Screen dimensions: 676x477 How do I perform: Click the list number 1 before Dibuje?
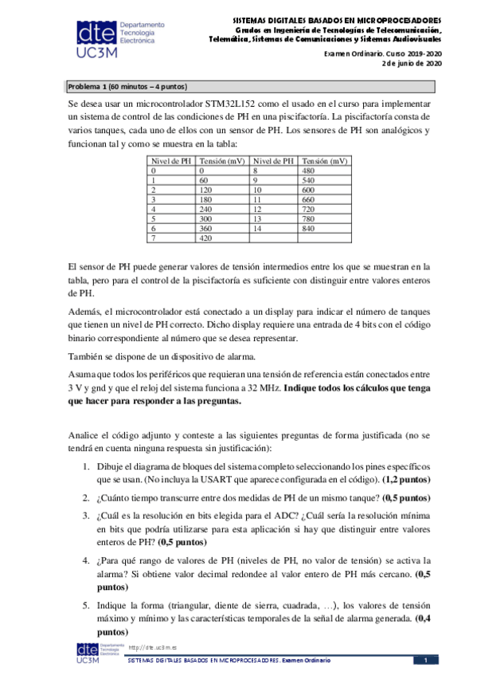tap(87, 466)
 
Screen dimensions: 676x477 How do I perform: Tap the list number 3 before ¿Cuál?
tap(87, 514)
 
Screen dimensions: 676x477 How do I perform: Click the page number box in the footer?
tap(425, 661)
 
